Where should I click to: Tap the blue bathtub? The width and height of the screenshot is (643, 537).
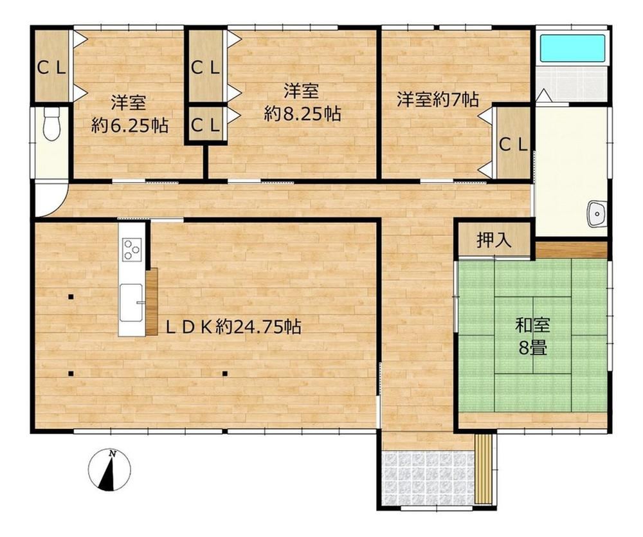click(x=572, y=48)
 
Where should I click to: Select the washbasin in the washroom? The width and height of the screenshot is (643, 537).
click(x=597, y=214)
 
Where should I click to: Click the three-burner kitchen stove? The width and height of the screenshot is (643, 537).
click(x=132, y=250)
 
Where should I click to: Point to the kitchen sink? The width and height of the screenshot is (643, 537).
click(x=131, y=303)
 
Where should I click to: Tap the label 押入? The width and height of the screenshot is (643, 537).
click(x=494, y=240)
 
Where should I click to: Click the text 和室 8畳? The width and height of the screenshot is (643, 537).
click(x=532, y=336)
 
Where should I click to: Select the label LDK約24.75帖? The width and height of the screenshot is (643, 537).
click(x=233, y=327)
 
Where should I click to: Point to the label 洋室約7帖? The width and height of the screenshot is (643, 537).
click(x=437, y=99)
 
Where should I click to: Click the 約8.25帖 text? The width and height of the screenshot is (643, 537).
click(x=302, y=114)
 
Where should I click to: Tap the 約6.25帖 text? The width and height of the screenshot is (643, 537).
click(x=130, y=125)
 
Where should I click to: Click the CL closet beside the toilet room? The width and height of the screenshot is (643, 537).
click(x=51, y=65)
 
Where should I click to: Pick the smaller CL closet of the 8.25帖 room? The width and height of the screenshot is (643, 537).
click(x=206, y=124)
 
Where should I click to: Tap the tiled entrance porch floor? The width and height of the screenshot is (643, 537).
click(x=428, y=478)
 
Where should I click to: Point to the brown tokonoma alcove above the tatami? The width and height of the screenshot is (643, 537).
click(x=571, y=250)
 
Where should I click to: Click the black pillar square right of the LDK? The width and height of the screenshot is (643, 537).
click(x=224, y=373)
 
